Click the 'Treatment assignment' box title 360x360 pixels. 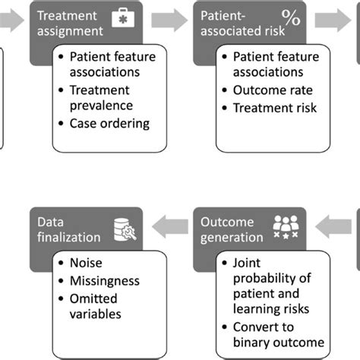[70, 24]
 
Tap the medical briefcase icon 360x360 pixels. [123, 17]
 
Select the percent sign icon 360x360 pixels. [291, 17]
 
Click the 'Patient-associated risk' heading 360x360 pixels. [242, 24]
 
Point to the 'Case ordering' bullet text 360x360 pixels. [109, 124]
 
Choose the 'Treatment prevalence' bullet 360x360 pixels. [101, 98]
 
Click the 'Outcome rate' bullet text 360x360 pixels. [273, 90]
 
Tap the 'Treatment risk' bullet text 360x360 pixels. [275, 108]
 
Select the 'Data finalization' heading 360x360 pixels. [68, 229]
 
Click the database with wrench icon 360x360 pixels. [125, 229]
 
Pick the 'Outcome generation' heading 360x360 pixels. [232, 229]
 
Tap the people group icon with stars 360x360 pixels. [286, 227]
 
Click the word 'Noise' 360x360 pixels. [86, 263]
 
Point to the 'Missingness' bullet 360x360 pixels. [105, 281]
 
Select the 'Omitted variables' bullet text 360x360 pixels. [96, 306]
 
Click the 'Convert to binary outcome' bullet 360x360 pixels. [279, 335]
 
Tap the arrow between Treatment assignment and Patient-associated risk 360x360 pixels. [169, 21]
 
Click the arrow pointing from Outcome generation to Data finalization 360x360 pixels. [170, 226]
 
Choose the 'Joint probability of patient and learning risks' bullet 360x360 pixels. [272, 286]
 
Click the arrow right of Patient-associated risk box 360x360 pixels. [333, 21]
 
